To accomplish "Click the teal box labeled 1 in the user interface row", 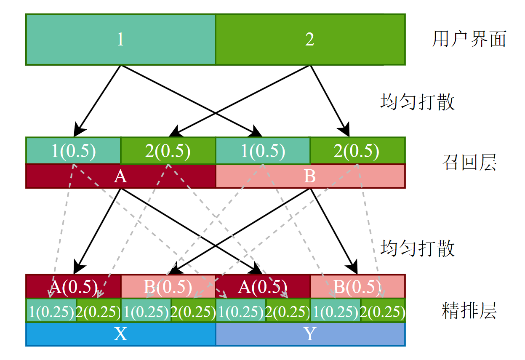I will click(x=120, y=40).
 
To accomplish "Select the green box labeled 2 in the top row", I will click(x=310, y=40).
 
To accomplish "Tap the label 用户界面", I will click(x=469, y=40).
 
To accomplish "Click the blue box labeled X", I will click(x=120, y=334).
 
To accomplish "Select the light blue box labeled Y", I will click(x=310, y=334).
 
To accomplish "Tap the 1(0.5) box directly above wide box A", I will click(x=73, y=151).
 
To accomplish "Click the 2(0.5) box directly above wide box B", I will click(x=357, y=151).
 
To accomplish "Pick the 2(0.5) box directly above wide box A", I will click(x=168, y=151).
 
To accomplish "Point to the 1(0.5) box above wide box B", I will click(x=263, y=151).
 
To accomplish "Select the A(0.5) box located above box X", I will click(x=73, y=287).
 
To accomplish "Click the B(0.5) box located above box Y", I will click(x=357, y=287).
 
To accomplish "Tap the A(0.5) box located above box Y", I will click(x=263, y=287).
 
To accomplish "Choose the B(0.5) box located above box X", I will click(x=168, y=287).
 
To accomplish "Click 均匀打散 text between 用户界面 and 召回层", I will click(x=417, y=102).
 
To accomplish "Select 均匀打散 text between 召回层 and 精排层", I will click(x=417, y=248).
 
